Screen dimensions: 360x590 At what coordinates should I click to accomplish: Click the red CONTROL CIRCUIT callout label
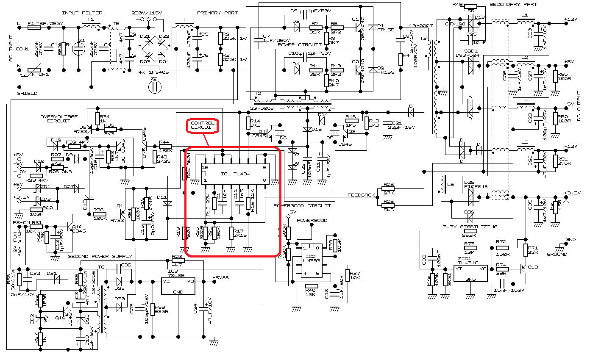click(x=203, y=125)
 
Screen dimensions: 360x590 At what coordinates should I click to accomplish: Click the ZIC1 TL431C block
click(x=470, y=273)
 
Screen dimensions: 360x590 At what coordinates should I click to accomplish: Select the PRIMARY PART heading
click(x=217, y=14)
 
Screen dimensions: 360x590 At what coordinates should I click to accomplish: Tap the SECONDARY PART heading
click(x=513, y=5)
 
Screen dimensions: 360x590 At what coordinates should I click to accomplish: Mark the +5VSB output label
click(x=221, y=278)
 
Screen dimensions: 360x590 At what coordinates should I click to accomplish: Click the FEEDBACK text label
click(x=361, y=195)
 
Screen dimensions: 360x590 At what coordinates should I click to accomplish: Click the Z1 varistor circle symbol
click(x=78, y=48)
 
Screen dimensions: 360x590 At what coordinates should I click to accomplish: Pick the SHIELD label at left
click(x=27, y=93)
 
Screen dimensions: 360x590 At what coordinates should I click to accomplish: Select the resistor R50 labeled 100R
click(x=556, y=76)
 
